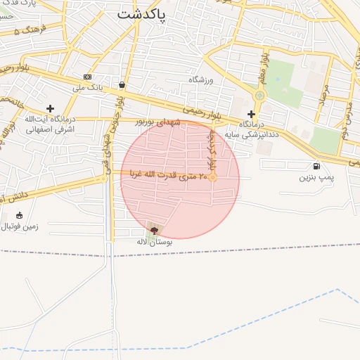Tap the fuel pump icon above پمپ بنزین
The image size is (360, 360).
[x=316, y=167]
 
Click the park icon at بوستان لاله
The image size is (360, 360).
[x=155, y=230]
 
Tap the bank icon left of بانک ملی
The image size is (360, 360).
[x=87, y=77]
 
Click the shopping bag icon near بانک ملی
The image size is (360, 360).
[x=122, y=84]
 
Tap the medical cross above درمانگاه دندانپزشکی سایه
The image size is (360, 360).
[x=251, y=113]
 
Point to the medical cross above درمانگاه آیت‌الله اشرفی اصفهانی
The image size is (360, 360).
[x=49, y=108]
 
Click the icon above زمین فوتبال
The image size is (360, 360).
[x=18, y=215]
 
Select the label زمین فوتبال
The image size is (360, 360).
[x=22, y=226]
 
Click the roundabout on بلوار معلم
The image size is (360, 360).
[x=260, y=95]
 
